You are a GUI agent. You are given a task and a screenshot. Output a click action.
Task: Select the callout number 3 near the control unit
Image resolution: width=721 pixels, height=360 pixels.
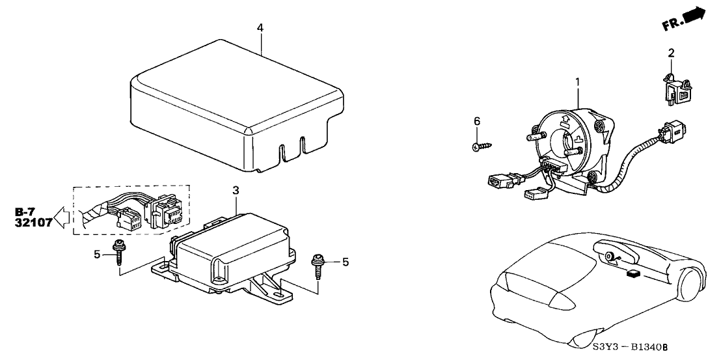pos(236,190)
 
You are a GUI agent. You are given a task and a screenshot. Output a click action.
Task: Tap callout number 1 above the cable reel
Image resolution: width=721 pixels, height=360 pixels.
pos(577,83)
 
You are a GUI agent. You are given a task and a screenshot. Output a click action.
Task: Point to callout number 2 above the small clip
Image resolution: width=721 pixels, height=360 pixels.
pos(671,53)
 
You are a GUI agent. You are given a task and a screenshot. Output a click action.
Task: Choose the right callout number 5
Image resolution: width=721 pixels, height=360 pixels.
pos(346,262)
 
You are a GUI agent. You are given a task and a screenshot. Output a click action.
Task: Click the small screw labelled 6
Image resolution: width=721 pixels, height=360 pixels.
pos(482,146)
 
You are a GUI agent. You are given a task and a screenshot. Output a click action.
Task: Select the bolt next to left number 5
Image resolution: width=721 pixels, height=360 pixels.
pos(120,253)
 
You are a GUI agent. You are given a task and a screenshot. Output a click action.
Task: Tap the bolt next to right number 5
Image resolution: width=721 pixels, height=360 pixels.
pos(319,263)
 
